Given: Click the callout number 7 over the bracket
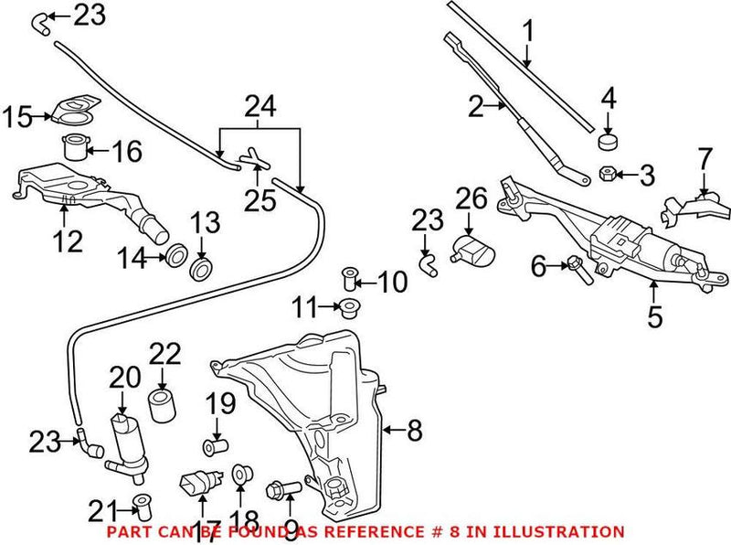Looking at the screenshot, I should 705,158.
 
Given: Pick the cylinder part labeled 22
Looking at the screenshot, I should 162,403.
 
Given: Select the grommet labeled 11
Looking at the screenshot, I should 348,305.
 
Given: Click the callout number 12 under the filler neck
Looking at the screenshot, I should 69,241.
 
